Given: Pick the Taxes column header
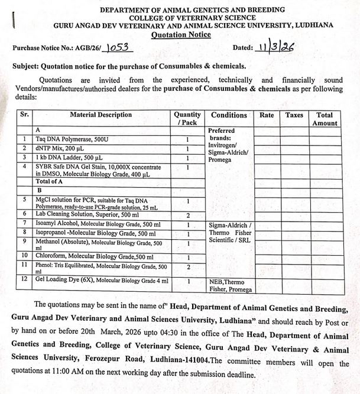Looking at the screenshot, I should click(294, 115).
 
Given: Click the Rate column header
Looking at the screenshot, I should click(267, 115).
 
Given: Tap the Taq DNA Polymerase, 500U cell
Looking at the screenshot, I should click(69, 139).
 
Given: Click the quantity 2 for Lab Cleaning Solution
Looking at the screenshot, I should click(187, 215).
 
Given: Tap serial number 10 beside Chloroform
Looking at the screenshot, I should click(25, 256).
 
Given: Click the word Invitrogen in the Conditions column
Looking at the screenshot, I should click(225, 144).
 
